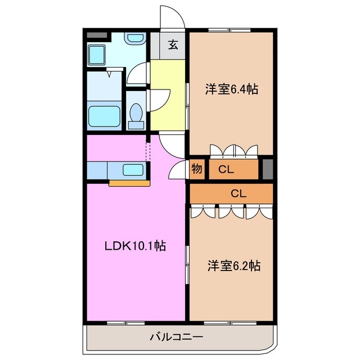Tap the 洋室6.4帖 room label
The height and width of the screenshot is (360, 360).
(231, 88)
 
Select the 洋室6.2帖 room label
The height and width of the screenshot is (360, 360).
(232, 265)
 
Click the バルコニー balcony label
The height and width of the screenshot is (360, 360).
(176, 337)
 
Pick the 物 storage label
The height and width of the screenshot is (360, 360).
(196, 169)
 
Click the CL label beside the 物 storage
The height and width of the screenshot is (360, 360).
(227, 169)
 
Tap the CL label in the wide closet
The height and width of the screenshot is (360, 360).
(238, 193)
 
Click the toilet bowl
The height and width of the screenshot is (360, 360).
(136, 114)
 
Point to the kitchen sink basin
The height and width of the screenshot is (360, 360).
(133, 169)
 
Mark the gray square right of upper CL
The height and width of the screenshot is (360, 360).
(268, 169)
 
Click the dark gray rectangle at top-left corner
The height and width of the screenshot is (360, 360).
(97, 35)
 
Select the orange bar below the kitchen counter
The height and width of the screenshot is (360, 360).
(129, 182)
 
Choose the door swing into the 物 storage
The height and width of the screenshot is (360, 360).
(180, 169)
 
